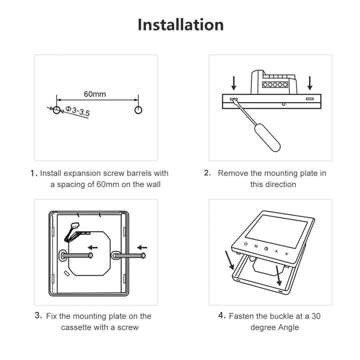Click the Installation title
click(x=180, y=24)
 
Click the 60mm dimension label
click(x=95, y=94)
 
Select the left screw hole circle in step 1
click(x=56, y=110)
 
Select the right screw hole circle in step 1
click(x=138, y=110)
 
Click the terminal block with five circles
click(x=274, y=85)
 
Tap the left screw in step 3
click(x=76, y=256)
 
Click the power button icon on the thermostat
click(x=245, y=244)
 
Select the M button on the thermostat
click(x=256, y=246)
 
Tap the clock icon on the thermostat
click(x=266, y=249)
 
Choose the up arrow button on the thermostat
click(x=277, y=251)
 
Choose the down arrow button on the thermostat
click(x=287, y=254)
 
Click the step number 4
click(x=221, y=315)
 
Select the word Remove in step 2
click(x=232, y=173)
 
